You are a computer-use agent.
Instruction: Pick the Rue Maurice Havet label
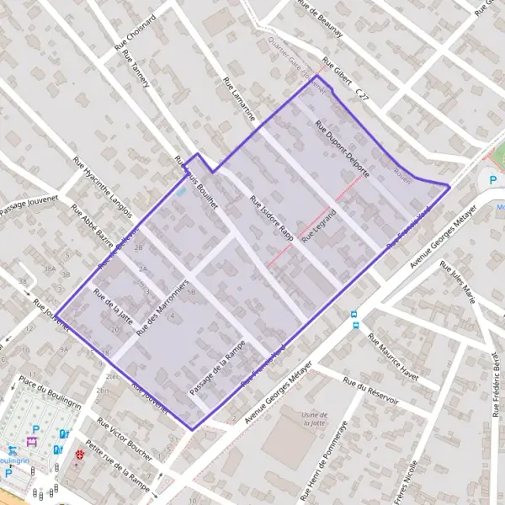tap(393, 356)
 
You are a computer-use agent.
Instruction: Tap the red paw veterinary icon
tap(80, 453)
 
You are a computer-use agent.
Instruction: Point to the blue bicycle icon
tap(12, 450)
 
